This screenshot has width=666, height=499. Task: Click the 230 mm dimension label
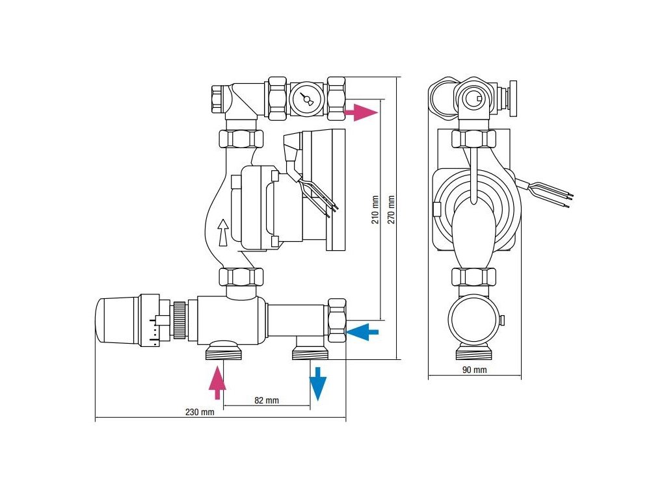(199, 413)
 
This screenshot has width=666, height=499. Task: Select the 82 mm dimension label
(267, 400)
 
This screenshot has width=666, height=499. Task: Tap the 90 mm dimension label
(474, 370)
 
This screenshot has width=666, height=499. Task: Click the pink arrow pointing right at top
(360, 112)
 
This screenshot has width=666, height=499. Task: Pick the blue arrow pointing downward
(317, 383)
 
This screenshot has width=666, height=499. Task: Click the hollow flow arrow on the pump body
(223, 232)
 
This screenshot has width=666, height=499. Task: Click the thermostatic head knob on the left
(117, 321)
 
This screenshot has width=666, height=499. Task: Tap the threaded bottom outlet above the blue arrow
(309, 352)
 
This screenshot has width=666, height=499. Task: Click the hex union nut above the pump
(241, 138)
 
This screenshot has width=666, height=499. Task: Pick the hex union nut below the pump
(241, 277)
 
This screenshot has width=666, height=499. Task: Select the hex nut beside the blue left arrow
(337, 320)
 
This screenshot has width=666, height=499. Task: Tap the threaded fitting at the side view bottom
(473, 353)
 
